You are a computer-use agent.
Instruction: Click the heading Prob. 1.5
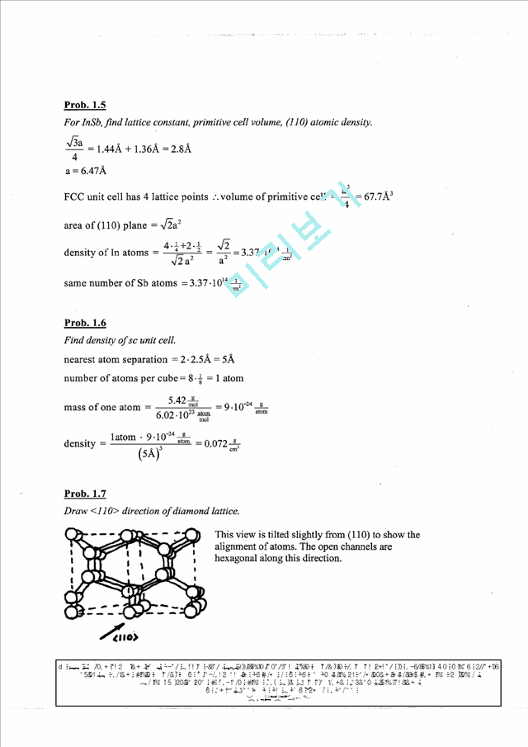[84, 105]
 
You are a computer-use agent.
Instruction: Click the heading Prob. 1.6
[84, 323]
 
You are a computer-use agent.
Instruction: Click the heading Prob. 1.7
[84, 494]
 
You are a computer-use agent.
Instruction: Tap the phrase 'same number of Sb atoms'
[118, 283]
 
